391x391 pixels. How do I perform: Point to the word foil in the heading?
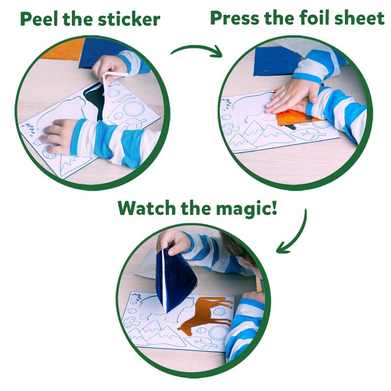point(330,18)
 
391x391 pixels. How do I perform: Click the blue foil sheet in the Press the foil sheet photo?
point(274,61)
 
